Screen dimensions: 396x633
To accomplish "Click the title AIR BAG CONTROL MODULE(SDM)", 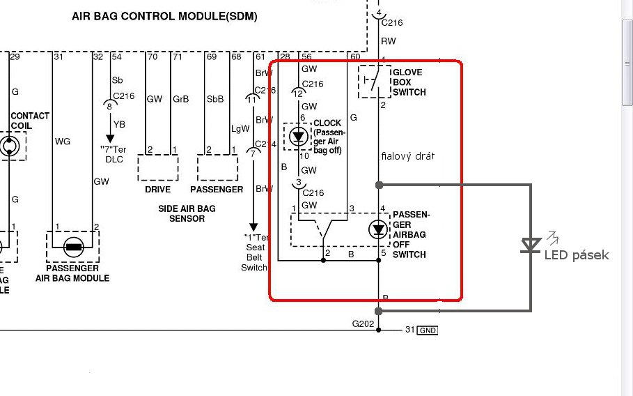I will point(164,16).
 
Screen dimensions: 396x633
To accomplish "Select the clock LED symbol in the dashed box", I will point(299,135).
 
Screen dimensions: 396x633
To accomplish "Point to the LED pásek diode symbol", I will point(531,245).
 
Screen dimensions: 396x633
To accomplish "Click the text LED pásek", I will point(576,255).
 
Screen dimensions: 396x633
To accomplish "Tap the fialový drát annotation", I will point(407,157).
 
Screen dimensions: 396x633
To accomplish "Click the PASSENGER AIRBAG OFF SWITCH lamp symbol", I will point(379,229).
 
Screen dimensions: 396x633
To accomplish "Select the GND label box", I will point(427,330).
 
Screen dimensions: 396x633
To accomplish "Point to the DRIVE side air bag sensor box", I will point(158,168).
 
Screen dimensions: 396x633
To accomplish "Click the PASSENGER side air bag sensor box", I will point(217,168).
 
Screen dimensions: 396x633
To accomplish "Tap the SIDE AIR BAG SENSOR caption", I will point(187,213).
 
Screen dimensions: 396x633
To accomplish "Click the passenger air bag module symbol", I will point(72,246).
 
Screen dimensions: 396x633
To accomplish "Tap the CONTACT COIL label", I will point(30,120).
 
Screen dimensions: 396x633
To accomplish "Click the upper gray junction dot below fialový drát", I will point(379,185).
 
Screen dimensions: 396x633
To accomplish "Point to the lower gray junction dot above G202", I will point(379,311).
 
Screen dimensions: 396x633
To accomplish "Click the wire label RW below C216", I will point(387,40).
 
